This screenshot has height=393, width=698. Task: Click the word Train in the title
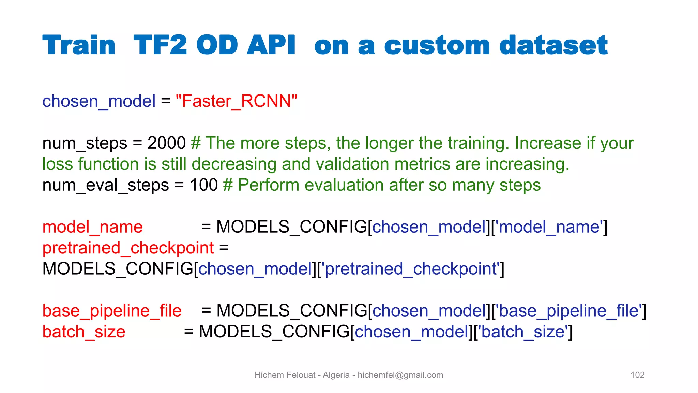pos(79,45)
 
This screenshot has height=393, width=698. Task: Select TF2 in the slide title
pos(160,45)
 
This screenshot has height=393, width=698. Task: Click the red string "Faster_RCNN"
pos(236,101)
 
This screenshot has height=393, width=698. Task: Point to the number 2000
pos(166,143)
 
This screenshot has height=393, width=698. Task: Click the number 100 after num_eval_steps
pos(204,185)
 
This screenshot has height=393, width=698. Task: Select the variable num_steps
pos(85,143)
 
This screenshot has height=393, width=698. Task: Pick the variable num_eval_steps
pos(106,185)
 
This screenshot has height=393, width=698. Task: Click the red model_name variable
pos(92,227)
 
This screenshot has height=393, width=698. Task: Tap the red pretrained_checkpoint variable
pos(128,248)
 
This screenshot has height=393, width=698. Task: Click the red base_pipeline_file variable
pos(112,311)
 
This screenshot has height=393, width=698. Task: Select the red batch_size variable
pos(84,332)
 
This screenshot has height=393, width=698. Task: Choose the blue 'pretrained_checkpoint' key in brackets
pos(412,269)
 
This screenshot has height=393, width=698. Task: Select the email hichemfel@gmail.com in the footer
pos(400,375)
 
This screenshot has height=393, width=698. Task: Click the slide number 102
pos(637,375)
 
